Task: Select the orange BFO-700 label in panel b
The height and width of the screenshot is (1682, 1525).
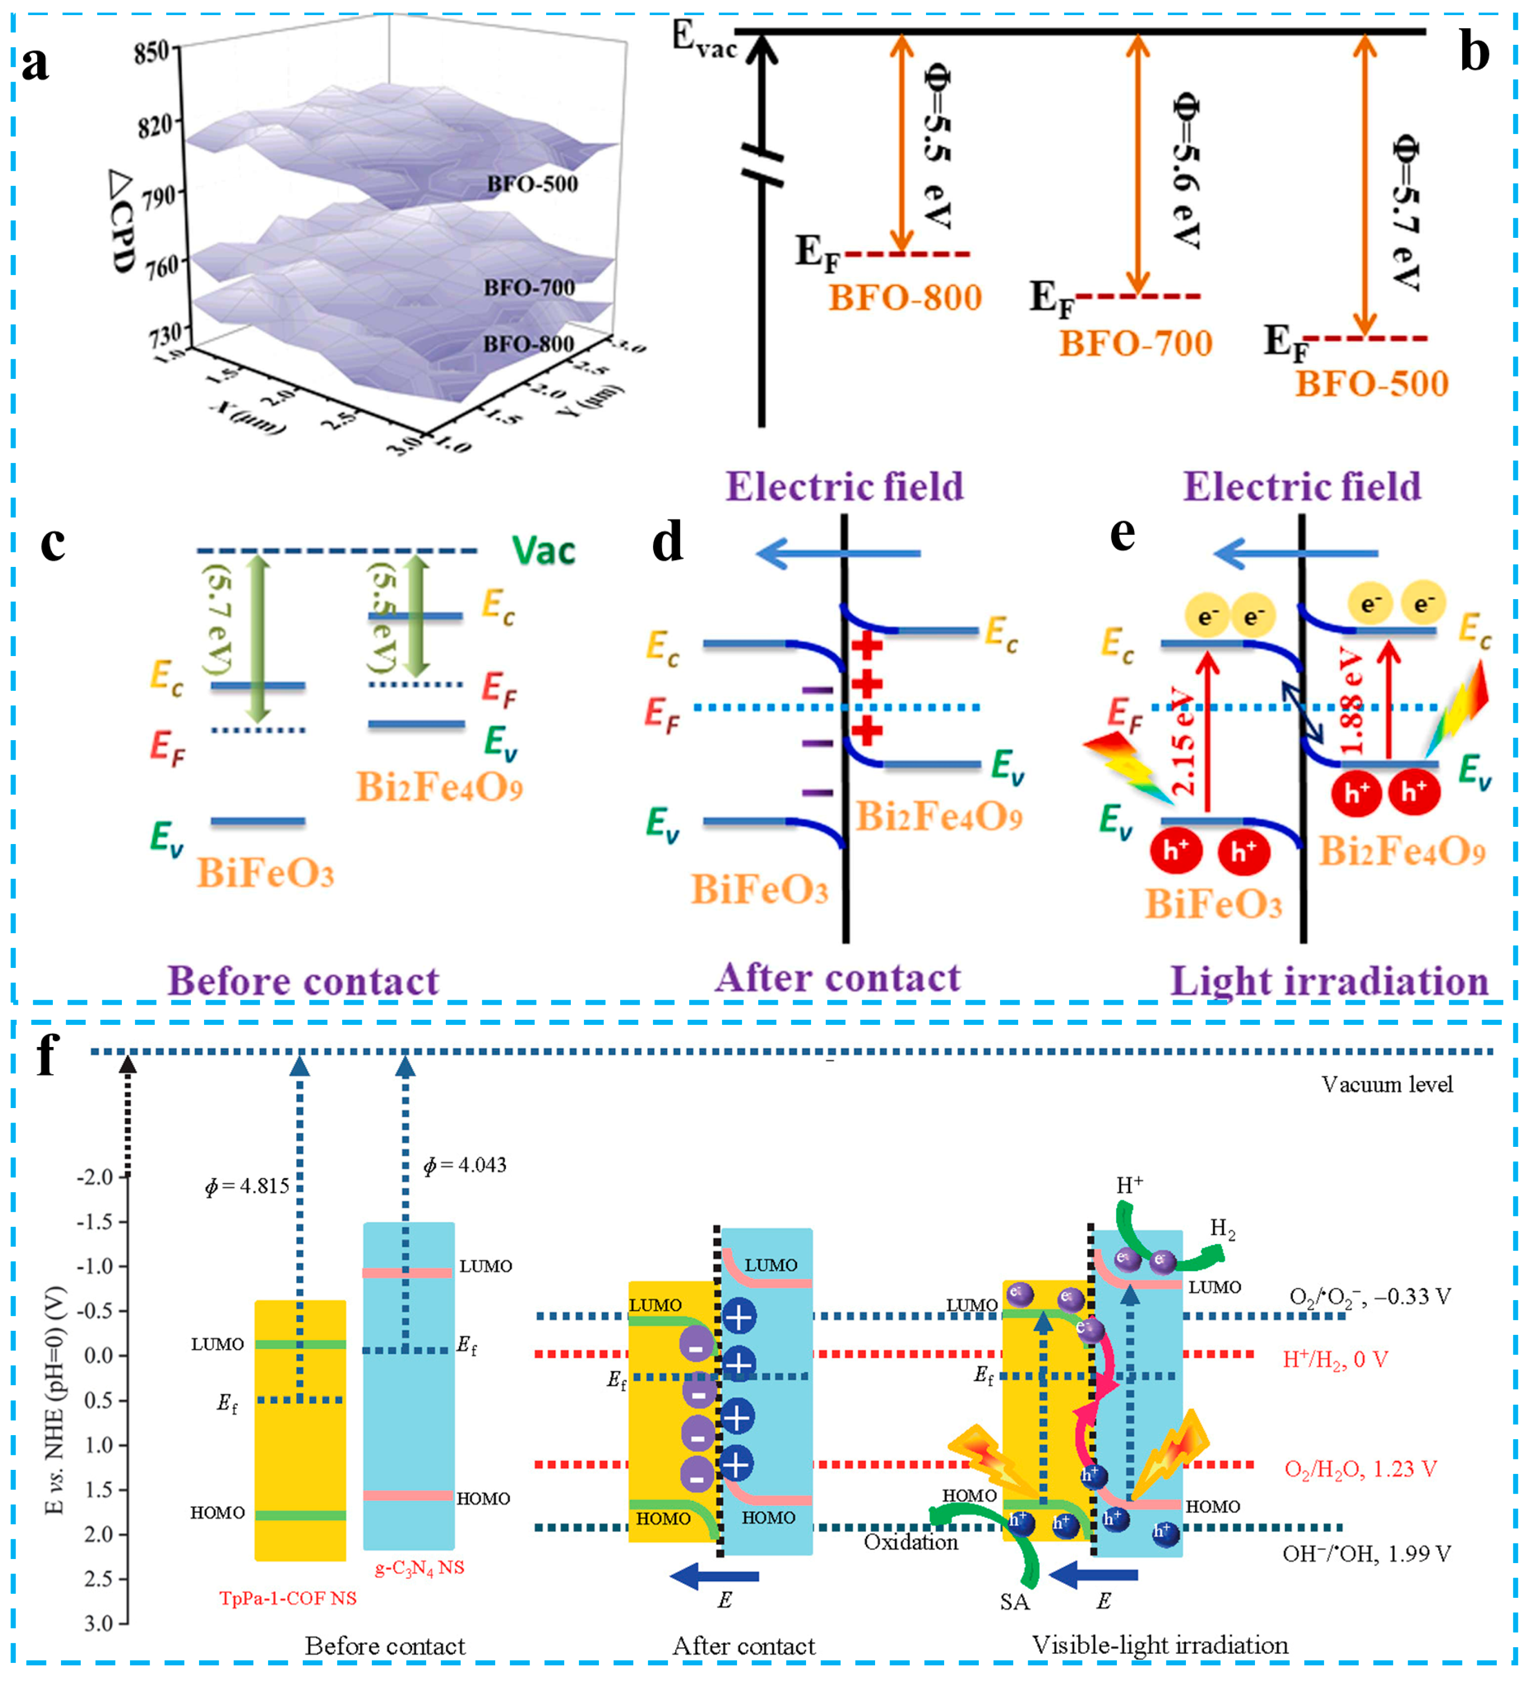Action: pyautogui.click(x=1136, y=343)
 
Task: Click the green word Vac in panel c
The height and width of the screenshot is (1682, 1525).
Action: pyautogui.click(x=543, y=551)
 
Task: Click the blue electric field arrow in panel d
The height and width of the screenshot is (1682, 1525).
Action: pyautogui.click(x=838, y=553)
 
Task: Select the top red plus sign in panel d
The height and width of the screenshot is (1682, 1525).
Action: pyautogui.click(x=868, y=644)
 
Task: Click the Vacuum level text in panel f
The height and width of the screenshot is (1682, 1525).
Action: pyautogui.click(x=1386, y=1084)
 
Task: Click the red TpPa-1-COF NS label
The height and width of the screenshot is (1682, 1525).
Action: pyautogui.click(x=288, y=1598)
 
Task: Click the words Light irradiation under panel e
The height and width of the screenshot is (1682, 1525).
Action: pyautogui.click(x=1329, y=981)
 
